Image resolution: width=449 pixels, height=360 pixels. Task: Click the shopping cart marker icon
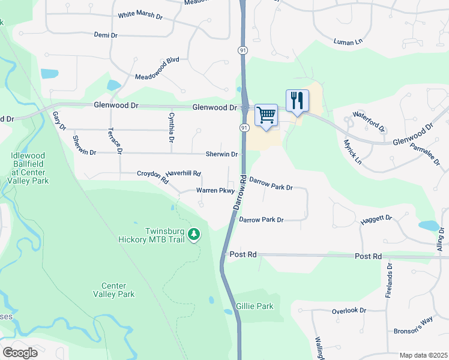point(266,115)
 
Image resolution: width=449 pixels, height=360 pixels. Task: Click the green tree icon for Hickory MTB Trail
point(194,233)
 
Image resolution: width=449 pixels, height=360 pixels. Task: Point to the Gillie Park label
point(255,306)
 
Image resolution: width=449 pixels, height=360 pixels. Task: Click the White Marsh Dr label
point(140,16)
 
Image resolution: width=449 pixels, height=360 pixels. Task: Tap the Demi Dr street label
point(106,35)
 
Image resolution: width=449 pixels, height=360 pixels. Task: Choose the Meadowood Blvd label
point(157,69)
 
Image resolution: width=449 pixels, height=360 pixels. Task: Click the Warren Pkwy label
point(214,191)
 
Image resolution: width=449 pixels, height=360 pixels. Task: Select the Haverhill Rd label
point(184,173)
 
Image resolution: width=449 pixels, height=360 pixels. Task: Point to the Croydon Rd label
point(152,175)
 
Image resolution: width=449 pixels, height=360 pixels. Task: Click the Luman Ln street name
point(349,41)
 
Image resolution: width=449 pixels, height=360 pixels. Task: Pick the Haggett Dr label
point(376,220)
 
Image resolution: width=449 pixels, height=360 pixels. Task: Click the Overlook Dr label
point(349,311)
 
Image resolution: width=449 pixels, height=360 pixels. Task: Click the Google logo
point(20,352)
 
